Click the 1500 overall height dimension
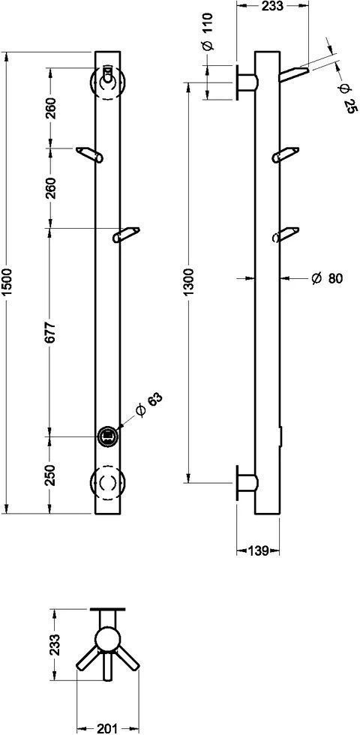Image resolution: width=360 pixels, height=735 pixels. pyautogui.click(x=7, y=283)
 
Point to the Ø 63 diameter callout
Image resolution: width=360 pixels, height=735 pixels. pyautogui.click(x=148, y=405)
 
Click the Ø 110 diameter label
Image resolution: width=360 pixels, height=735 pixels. pyautogui.click(x=208, y=32)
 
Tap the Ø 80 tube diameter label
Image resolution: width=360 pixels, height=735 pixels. pyautogui.click(x=327, y=278)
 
